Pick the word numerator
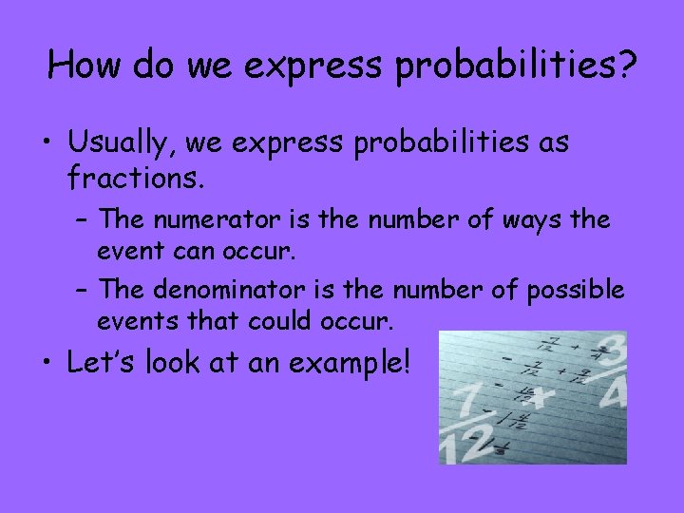pyautogui.click(x=208, y=220)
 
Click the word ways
pyautogui.click(x=533, y=220)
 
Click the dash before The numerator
pyautogui.click(x=84, y=221)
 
